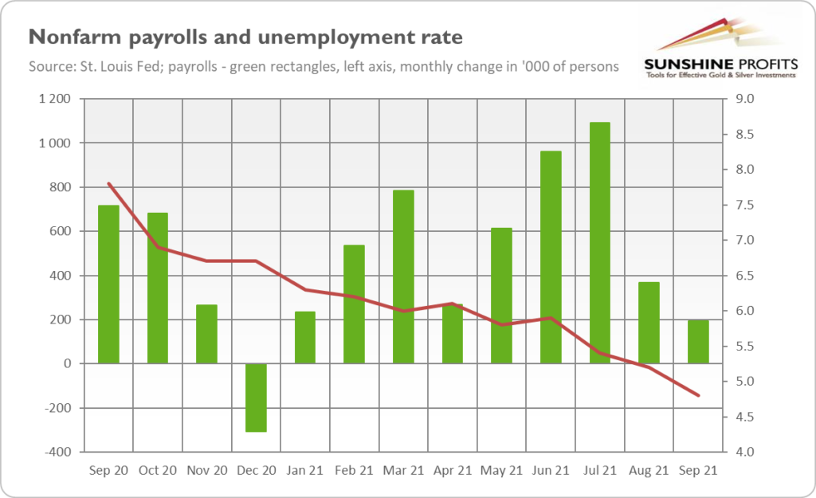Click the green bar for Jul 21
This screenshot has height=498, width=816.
(x=599, y=243)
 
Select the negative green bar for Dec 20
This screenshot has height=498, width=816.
(x=256, y=398)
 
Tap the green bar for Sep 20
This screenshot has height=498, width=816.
(x=108, y=284)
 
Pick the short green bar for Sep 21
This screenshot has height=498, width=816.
(x=698, y=342)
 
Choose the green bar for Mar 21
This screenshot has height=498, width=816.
(x=403, y=276)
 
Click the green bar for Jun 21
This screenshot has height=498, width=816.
(x=551, y=257)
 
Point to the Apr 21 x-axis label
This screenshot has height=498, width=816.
(x=453, y=471)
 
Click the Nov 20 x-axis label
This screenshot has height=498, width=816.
(x=206, y=471)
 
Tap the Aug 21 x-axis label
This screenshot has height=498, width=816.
(x=649, y=471)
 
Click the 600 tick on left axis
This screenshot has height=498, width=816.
(x=61, y=232)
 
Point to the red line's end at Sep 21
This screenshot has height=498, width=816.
(x=699, y=395)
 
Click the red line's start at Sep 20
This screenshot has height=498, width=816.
(x=108, y=184)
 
